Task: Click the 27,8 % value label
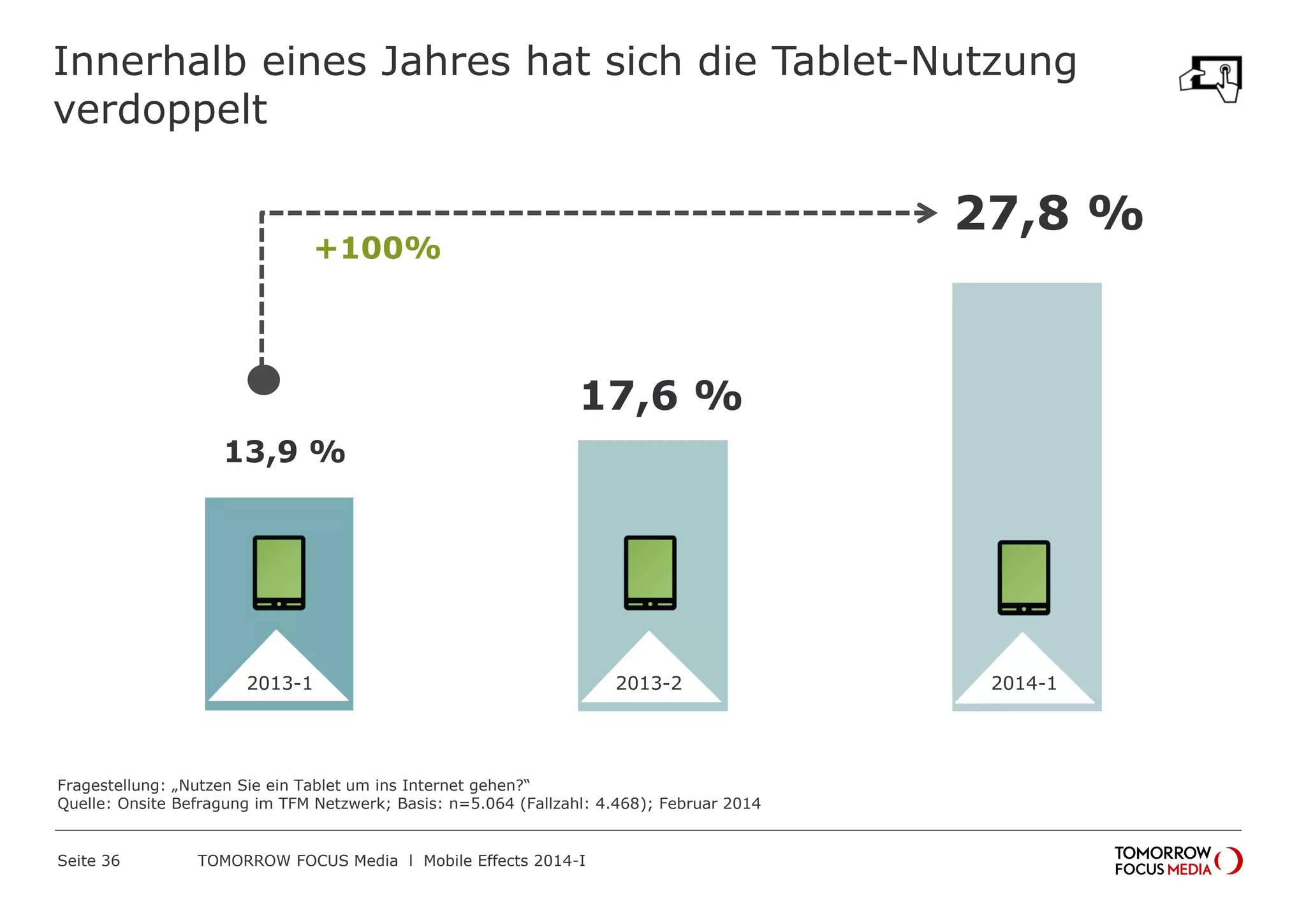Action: (x=1048, y=214)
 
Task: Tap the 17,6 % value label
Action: (x=661, y=397)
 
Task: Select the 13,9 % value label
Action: (x=284, y=452)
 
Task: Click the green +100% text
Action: (x=378, y=249)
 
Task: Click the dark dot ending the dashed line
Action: (x=263, y=380)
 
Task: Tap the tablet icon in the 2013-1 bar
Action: (x=279, y=572)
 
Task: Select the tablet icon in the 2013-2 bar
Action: (x=650, y=572)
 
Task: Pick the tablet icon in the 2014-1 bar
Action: (x=1024, y=578)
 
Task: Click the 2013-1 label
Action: (x=279, y=683)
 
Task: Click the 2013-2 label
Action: (x=649, y=683)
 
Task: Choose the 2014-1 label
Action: (x=1024, y=683)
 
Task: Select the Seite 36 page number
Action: (x=89, y=861)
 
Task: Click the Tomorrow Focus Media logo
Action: (x=1177, y=861)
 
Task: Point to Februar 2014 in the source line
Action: (x=709, y=803)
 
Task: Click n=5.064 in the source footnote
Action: (x=481, y=803)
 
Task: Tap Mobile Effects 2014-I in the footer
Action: (x=504, y=861)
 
